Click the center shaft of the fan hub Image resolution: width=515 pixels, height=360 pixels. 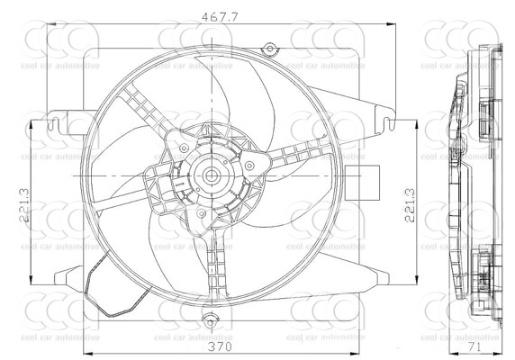[x=212, y=176]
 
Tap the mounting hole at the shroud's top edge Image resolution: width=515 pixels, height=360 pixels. [x=267, y=49]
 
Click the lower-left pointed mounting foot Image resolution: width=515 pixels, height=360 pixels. [x=68, y=274]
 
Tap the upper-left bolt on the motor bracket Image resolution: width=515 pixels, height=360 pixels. [x=184, y=148]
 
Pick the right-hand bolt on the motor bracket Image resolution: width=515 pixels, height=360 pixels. [x=249, y=165]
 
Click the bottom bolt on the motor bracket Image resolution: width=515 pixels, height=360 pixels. [x=202, y=213]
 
